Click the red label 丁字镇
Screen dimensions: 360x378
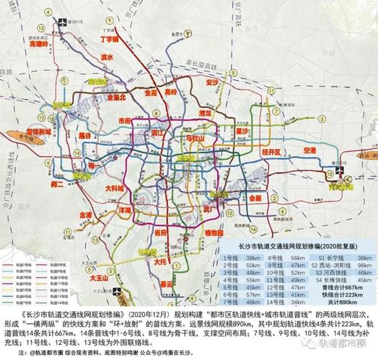coord(109,40)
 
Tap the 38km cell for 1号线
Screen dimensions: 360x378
coord(252,257)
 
